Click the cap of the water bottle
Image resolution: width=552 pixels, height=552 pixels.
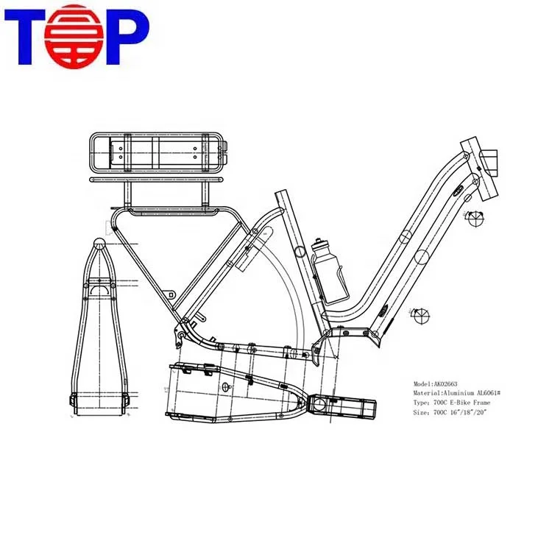(x=319, y=241)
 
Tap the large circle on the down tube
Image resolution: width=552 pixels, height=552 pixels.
(x=420, y=257)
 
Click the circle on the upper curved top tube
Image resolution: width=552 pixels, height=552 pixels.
(x=404, y=237)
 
